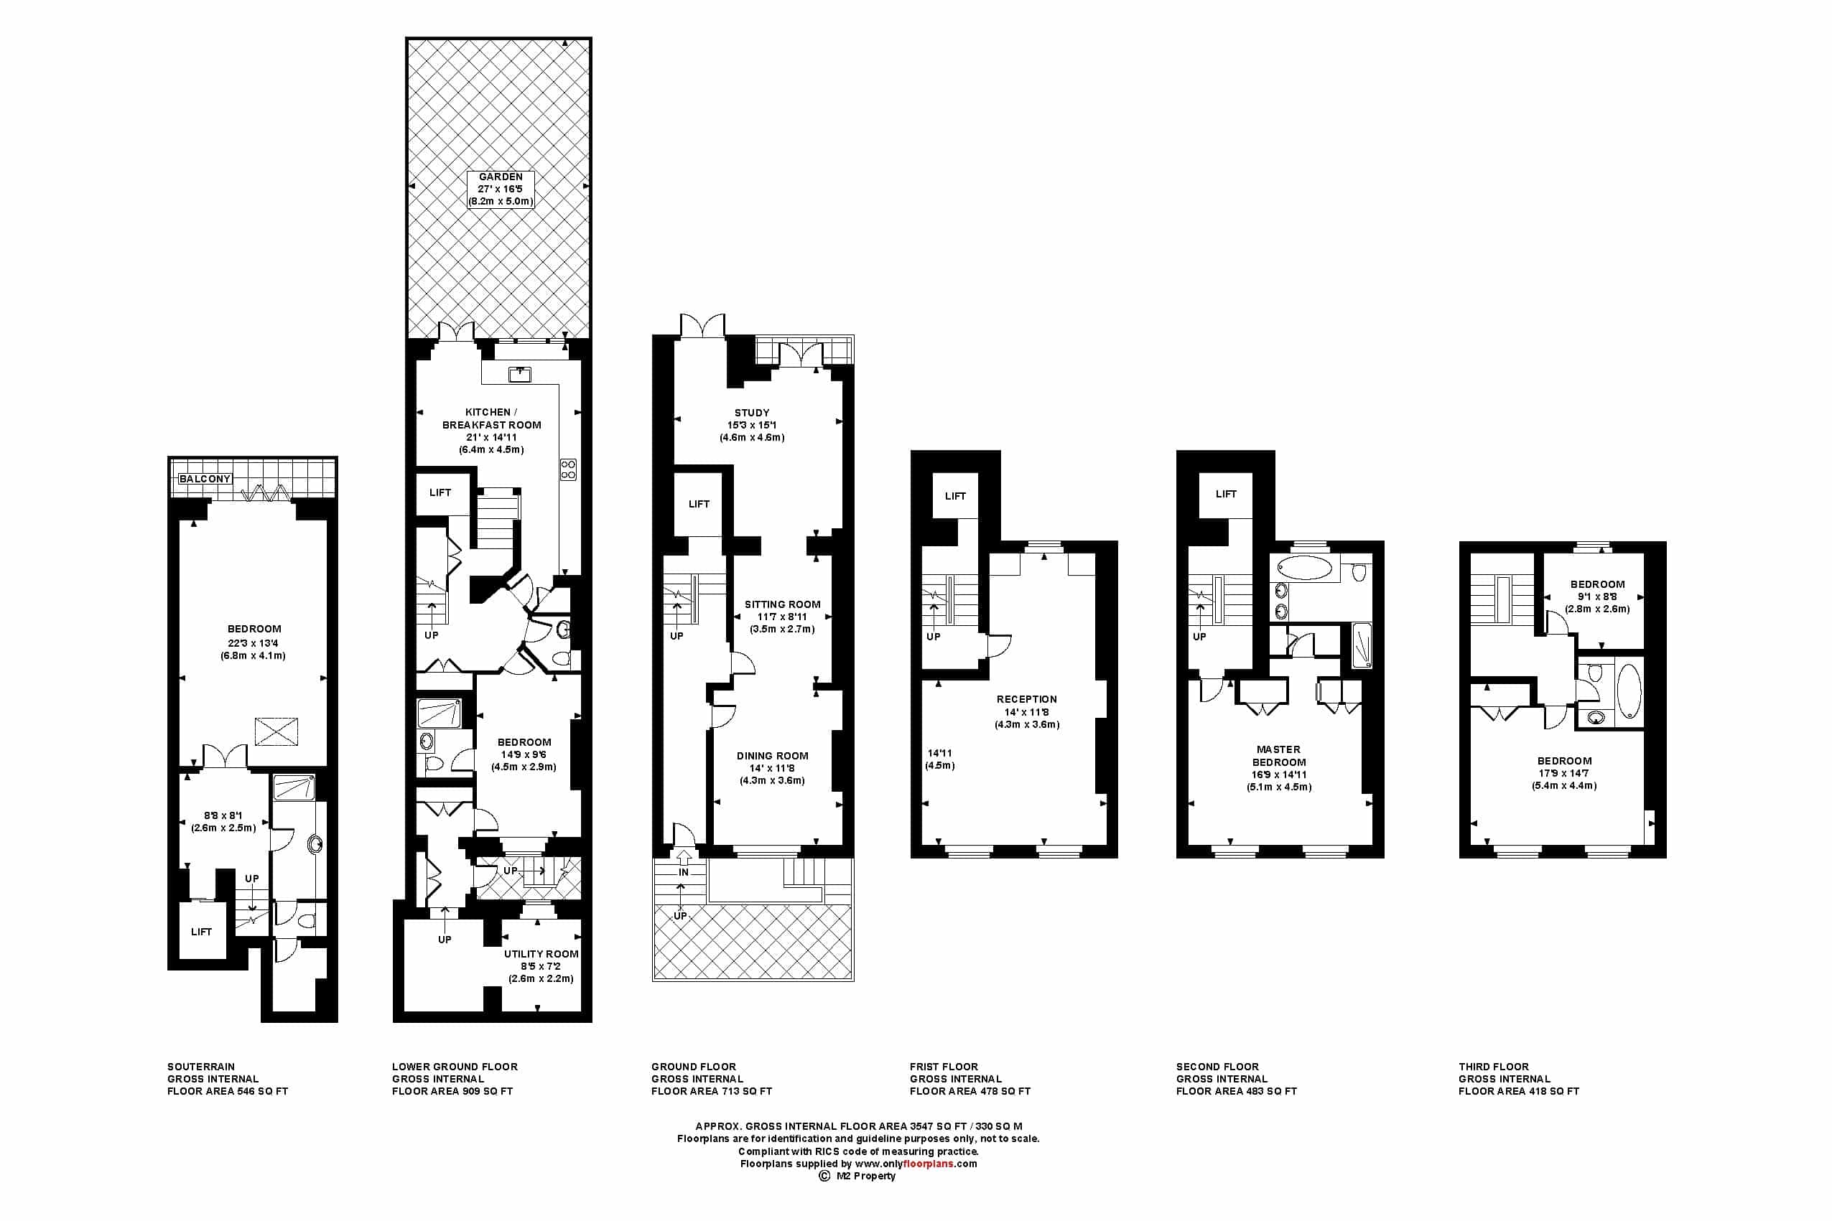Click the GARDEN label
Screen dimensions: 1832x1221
(x=501, y=177)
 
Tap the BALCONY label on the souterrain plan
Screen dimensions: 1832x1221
(x=205, y=478)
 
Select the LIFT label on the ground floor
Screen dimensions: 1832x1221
(x=699, y=504)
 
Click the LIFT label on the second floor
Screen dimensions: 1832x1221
(x=1226, y=494)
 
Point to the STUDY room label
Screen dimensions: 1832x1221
(x=752, y=413)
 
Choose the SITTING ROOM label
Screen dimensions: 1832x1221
(x=782, y=604)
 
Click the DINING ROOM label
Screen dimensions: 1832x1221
(x=772, y=755)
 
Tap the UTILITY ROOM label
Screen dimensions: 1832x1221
(x=541, y=954)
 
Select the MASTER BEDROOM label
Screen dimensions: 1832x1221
(x=1278, y=755)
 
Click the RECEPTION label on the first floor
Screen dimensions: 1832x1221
(x=1027, y=699)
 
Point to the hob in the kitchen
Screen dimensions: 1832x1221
(x=568, y=469)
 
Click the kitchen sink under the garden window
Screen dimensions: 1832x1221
(x=519, y=375)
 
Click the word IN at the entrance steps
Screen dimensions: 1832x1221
(x=683, y=872)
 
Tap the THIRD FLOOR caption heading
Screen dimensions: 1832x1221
(x=1493, y=1066)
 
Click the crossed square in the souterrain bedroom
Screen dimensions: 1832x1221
(x=276, y=731)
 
